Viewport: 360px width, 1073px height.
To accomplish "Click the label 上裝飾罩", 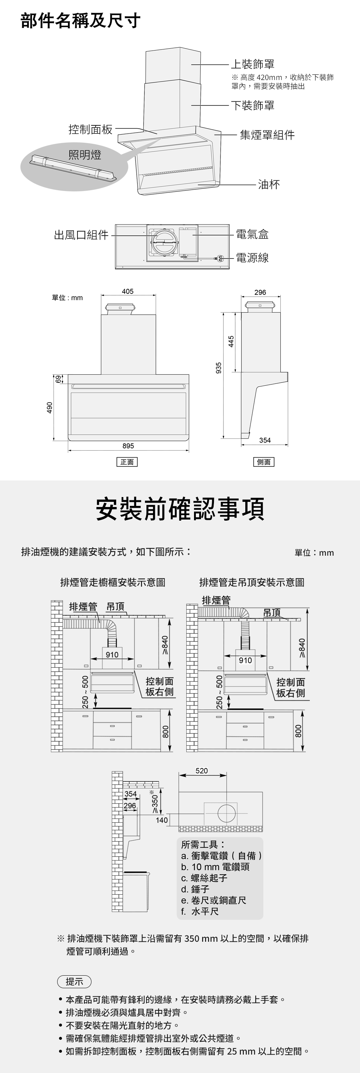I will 253,64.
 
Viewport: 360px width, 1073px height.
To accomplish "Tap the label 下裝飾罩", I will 253,105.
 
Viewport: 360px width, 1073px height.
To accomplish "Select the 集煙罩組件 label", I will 267,135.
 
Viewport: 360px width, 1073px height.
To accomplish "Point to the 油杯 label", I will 269,184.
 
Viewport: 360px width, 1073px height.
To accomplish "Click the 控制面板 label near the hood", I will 90,129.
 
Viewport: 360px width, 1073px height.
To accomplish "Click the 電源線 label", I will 252,258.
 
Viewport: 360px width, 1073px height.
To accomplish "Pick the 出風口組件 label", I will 81,235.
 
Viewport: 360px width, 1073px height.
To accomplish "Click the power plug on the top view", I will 221,259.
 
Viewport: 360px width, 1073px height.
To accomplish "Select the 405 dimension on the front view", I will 128,292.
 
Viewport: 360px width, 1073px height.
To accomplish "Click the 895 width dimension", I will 128,446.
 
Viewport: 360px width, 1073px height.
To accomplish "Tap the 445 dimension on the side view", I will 231,341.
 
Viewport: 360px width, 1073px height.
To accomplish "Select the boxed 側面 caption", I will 264,462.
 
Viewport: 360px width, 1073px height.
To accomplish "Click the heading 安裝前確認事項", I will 180,509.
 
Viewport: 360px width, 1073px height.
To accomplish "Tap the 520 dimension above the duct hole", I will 202,771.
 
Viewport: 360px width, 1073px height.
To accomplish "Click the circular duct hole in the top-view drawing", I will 226,813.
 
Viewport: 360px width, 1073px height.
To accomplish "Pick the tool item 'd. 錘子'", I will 195,889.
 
